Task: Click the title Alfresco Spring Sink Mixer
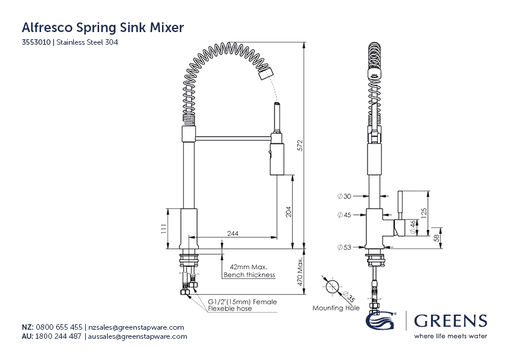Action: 103,27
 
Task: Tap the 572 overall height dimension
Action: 298,145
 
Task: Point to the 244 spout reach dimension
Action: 232,233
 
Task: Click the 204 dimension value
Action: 288,211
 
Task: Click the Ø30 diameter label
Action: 344,195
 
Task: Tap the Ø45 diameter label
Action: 344,214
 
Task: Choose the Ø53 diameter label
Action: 344,247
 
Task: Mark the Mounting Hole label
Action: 336,308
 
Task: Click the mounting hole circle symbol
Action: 332,287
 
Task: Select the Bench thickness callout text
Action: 249,275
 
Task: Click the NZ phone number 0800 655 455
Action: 59,327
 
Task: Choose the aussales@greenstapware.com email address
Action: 138,336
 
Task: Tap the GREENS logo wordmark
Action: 450,321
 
